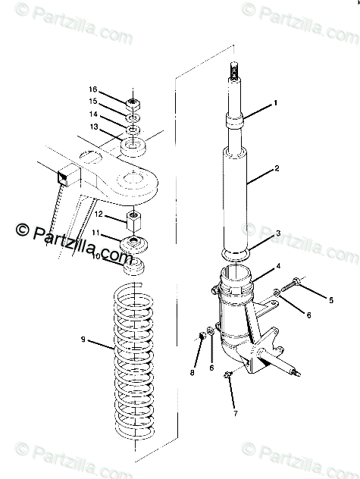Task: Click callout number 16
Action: [93, 89]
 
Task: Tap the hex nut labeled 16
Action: [133, 105]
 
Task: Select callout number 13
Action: [94, 126]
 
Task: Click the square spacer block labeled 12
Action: [134, 221]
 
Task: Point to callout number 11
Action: [96, 233]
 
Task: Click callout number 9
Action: [83, 339]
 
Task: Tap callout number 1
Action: [275, 103]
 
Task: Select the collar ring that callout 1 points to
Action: [235, 121]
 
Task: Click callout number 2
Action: [277, 168]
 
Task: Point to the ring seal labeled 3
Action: [236, 255]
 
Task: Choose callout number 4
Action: [278, 266]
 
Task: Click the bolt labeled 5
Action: [290, 285]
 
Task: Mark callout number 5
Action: [331, 300]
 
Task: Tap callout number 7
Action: [235, 414]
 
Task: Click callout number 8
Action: [193, 372]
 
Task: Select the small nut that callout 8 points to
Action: [202, 336]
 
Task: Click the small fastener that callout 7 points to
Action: [227, 374]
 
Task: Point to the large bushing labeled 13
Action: [133, 146]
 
